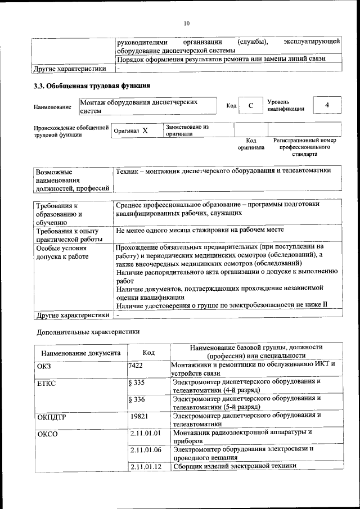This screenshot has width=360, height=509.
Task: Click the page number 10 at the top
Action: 186,23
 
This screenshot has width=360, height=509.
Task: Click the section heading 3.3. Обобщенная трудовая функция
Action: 92,86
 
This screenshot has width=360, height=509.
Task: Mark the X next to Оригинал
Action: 145,130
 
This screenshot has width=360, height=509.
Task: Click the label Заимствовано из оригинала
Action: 187,130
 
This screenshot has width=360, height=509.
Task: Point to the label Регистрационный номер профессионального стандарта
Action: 304,146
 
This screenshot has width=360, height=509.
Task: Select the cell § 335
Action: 137,383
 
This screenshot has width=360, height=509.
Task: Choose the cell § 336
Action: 137,400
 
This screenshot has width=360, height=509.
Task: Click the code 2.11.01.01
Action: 145,434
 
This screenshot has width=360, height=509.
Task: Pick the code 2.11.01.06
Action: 145,451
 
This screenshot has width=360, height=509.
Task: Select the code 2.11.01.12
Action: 145,466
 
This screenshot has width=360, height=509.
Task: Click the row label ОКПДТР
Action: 51,417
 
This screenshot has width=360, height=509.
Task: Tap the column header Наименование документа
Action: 80,353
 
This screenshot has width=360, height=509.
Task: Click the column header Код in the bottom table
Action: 148,353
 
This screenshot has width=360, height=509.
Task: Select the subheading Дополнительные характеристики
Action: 88,332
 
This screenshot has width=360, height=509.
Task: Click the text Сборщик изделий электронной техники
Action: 235,466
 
